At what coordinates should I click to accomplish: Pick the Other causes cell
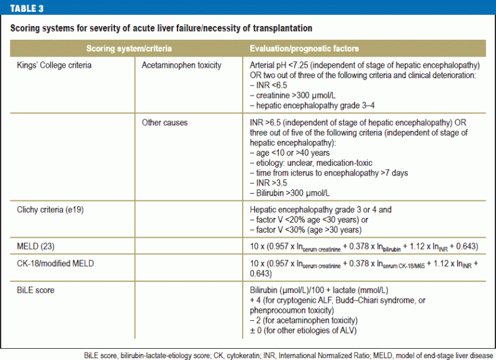tap(165, 122)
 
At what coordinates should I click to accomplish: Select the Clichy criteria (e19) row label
tap(50, 209)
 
